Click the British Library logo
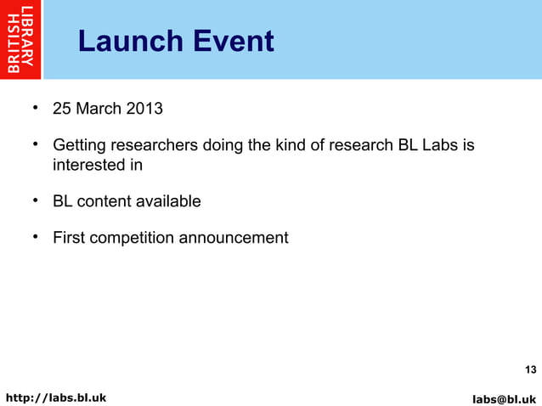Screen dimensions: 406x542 pyautogui.click(x=21, y=40)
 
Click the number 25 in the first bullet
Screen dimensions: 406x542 pyautogui.click(x=62, y=110)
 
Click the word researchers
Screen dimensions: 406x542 pyautogui.click(x=155, y=146)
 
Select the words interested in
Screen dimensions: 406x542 pyautogui.click(x=98, y=165)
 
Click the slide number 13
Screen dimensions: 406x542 pyautogui.click(x=530, y=369)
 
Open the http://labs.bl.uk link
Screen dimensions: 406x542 pyautogui.click(x=56, y=397)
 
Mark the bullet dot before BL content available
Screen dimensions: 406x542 pyautogui.click(x=36, y=200)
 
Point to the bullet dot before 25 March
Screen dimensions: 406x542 pyautogui.click(x=36, y=109)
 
